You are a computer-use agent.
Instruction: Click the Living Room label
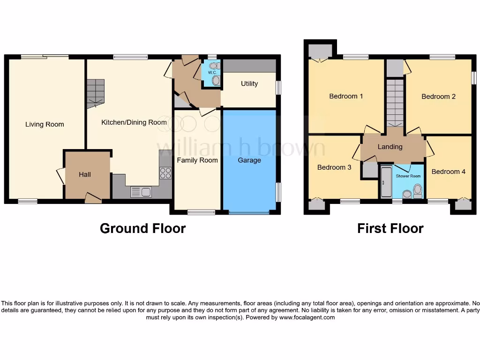pyautogui.click(x=45, y=124)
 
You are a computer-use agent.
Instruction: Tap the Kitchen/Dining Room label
pyautogui.click(x=134, y=122)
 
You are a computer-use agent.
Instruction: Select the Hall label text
pyautogui.click(x=85, y=174)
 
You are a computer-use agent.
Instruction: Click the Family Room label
pyautogui.click(x=197, y=160)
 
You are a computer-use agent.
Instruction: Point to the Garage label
pyautogui.click(x=249, y=160)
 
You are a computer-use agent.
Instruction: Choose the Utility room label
pyautogui.click(x=249, y=83)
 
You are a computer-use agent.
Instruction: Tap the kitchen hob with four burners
pyautogui.click(x=165, y=173)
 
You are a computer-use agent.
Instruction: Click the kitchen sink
pyautogui.click(x=140, y=191)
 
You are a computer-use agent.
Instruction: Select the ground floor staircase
pyautogui.click(x=95, y=91)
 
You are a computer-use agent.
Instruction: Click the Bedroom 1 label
pyautogui.click(x=346, y=96)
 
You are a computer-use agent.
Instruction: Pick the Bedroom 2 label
pyautogui.click(x=438, y=97)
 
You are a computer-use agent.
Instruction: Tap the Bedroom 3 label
pyautogui.click(x=334, y=167)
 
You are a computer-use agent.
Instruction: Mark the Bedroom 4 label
pyautogui.click(x=449, y=172)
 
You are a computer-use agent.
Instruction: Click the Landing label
pyautogui.click(x=390, y=147)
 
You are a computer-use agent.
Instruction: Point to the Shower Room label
pyautogui.click(x=408, y=176)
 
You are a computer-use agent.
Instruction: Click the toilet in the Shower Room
pyautogui.click(x=417, y=190)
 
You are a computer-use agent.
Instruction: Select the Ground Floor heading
pyautogui.click(x=142, y=228)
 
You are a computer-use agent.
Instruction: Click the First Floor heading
pyautogui.click(x=390, y=228)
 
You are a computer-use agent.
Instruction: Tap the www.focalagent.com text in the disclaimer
pyautogui.click(x=307, y=317)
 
